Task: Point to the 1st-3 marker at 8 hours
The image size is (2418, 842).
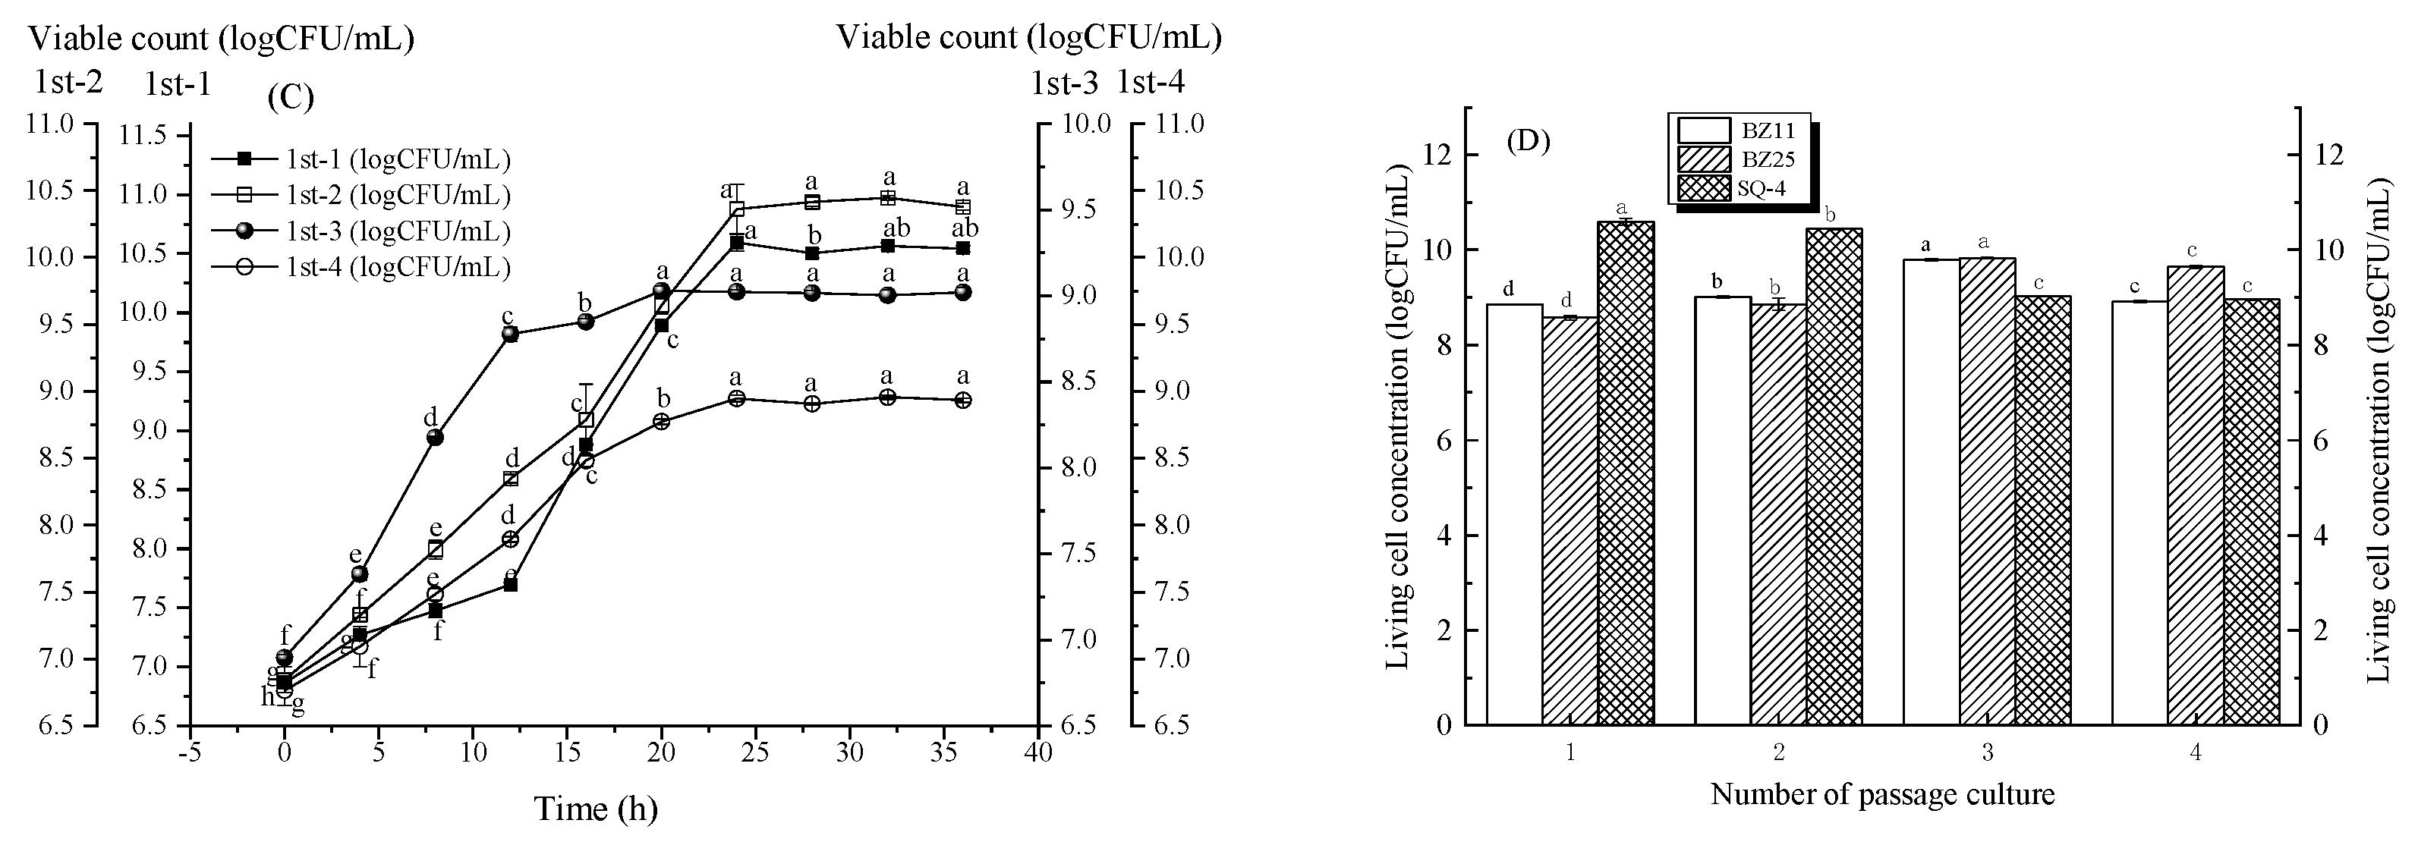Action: point(435,438)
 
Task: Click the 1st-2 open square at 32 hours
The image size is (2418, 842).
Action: point(887,198)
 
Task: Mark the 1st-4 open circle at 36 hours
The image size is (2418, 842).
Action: point(962,400)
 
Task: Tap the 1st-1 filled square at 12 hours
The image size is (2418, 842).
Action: point(511,584)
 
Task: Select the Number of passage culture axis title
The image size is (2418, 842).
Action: point(1882,794)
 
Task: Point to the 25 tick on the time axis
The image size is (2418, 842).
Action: point(756,752)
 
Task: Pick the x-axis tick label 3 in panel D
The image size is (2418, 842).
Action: point(1987,752)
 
